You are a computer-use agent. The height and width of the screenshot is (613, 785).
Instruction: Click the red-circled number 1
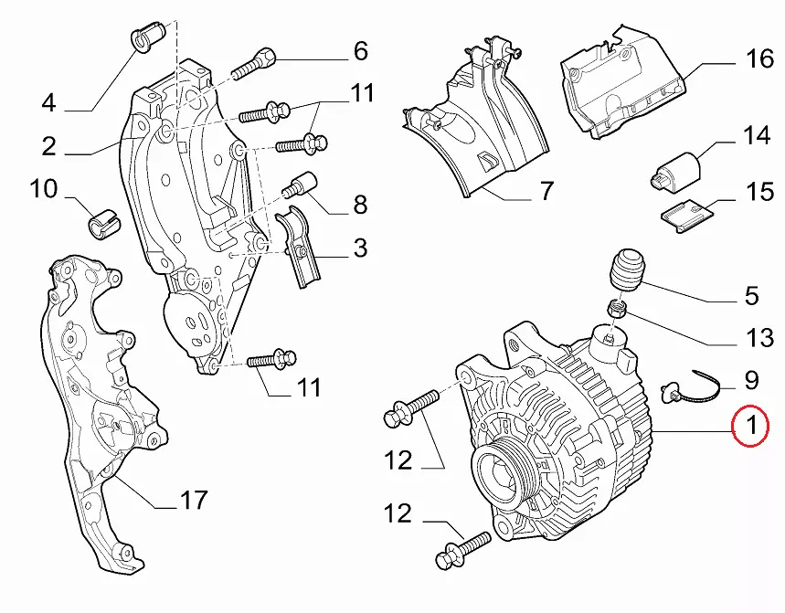(x=751, y=426)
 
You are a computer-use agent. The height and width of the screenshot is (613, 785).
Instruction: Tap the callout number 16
(x=758, y=60)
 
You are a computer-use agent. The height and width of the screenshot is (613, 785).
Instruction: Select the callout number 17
(x=193, y=501)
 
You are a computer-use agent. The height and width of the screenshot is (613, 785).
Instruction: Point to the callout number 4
(x=48, y=102)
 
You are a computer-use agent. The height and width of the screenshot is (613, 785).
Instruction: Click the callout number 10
(x=43, y=190)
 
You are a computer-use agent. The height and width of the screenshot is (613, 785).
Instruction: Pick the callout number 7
(x=546, y=192)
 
